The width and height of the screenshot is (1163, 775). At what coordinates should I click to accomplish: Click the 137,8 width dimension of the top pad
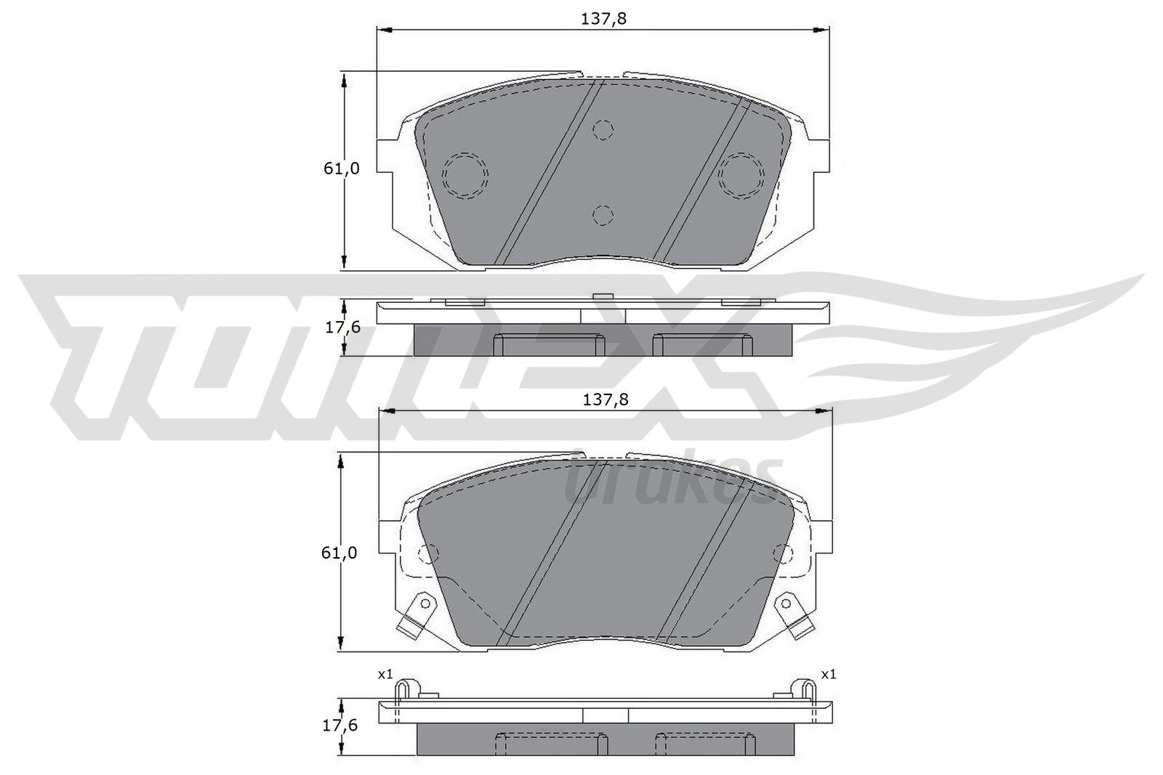point(603,19)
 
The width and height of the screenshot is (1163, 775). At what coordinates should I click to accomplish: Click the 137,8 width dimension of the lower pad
point(605,399)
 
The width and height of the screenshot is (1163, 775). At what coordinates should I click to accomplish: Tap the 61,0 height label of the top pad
point(342,169)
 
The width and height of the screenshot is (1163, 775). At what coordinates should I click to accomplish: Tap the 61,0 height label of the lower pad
point(339,553)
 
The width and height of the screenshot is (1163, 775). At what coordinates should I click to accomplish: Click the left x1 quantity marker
point(385,675)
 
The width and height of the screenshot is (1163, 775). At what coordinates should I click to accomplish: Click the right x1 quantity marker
point(829,675)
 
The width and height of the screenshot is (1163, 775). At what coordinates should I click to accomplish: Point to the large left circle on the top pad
point(465,175)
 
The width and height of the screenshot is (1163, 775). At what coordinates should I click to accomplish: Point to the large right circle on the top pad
point(741,175)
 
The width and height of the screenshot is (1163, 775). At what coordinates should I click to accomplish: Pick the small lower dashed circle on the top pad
point(603,215)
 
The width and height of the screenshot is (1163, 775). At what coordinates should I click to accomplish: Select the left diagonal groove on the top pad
point(549,174)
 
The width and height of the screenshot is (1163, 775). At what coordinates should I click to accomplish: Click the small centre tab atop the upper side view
point(603,296)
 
